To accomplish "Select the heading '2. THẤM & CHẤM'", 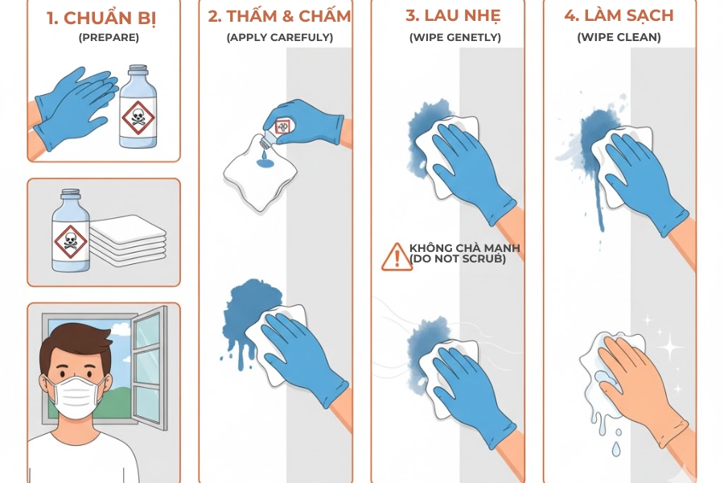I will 279,16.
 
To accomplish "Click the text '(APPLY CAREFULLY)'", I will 279,37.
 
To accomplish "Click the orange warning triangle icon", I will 396,256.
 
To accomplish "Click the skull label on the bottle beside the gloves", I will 138,119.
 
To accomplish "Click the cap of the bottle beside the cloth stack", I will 70,196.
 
